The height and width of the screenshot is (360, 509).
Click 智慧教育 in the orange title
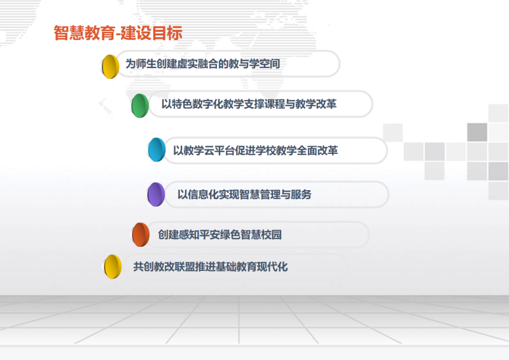pos(85,33)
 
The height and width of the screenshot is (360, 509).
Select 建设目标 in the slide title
pos(151,33)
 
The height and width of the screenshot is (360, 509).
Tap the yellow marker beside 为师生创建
pos(110,67)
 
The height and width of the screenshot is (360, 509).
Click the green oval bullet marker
pos(140,106)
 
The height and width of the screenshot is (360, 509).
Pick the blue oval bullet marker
pos(157,149)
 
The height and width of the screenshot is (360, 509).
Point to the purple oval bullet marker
pos(156,195)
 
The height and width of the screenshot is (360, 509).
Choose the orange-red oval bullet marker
pos(141,234)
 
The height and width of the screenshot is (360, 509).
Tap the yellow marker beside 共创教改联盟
pos(113,267)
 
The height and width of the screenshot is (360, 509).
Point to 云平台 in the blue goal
pos(220,151)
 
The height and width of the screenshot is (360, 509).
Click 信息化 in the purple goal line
pos(203,195)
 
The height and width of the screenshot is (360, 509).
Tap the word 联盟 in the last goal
pos(185,267)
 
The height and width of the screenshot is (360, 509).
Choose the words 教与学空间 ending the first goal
pos(254,64)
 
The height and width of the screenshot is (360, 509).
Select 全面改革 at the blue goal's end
pos(317,151)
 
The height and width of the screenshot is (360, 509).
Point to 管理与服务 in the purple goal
pos(286,195)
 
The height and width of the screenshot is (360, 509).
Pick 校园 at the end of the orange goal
pos(272,234)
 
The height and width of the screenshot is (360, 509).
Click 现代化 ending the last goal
pos(272,267)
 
